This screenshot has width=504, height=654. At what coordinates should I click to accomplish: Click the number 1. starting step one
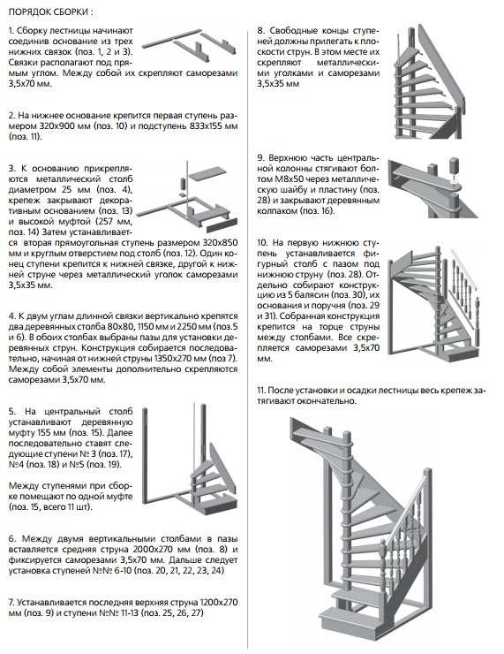pos(11,31)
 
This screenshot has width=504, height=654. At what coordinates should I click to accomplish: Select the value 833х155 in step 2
pos(200,126)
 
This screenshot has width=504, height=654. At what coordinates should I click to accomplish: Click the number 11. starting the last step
pos(261,391)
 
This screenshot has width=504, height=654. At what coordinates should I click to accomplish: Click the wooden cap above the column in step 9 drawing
pos(452,167)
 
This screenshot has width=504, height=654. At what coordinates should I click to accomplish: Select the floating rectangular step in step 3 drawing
pos(207,171)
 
